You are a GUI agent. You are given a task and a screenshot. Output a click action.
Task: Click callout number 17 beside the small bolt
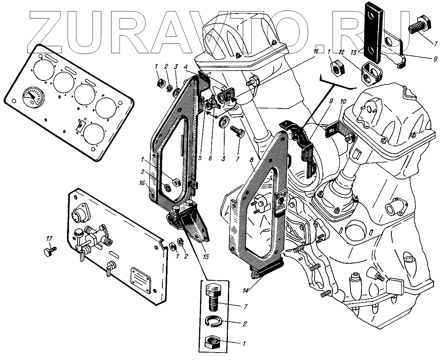[x=49, y=239]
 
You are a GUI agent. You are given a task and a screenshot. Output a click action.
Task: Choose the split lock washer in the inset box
[x=215, y=323]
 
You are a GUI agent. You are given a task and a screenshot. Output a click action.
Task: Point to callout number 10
[x=343, y=101]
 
